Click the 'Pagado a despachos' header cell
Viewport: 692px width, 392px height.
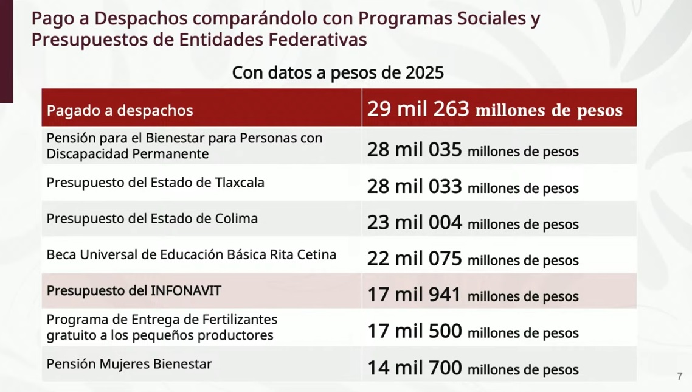click(120, 110)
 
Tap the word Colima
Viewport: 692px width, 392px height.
click(236, 219)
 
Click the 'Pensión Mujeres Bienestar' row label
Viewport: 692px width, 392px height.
click(129, 364)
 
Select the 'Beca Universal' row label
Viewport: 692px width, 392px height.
click(191, 254)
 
